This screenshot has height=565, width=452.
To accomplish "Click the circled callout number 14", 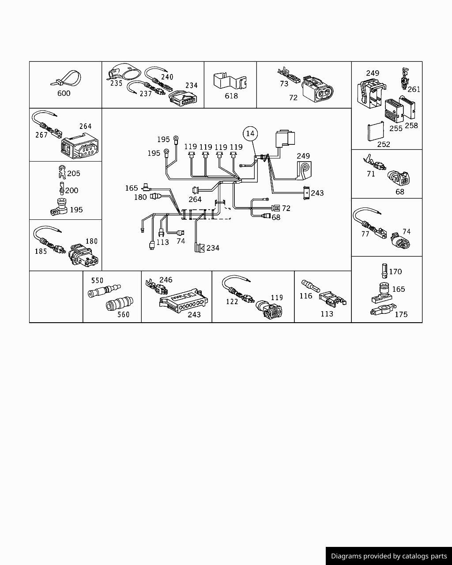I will tap(250, 133).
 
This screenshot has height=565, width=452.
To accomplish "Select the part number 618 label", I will tap(231, 96).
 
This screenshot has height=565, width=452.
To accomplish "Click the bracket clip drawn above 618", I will tap(230, 81).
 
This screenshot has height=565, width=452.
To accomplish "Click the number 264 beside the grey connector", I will tap(85, 126).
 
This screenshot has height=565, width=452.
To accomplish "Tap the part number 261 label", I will tap(414, 89).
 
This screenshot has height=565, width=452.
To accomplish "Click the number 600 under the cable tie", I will tap(64, 93).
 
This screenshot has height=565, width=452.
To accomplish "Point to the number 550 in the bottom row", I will tap(97, 280).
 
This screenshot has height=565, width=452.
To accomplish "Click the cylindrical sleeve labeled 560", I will tap(117, 305).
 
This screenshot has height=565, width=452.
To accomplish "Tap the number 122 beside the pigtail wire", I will tap(232, 301).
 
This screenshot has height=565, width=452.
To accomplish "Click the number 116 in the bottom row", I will tap(306, 296).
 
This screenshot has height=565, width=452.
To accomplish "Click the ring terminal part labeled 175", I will tap(383, 311).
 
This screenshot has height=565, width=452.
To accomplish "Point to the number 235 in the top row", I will tap(116, 83).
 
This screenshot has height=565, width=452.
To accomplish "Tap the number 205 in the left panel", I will tap(74, 173).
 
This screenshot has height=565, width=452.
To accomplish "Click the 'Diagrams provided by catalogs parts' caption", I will tap(389, 556).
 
